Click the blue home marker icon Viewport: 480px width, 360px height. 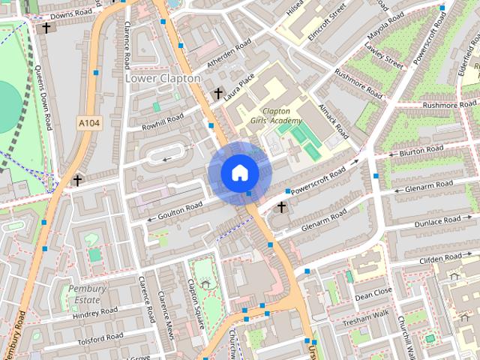coord(239,172)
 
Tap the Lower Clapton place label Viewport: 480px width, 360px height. coord(163,78)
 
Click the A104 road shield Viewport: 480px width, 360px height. coord(88,121)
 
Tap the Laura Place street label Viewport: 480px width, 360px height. coord(248,83)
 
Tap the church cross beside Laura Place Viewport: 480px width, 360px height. coord(218,94)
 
